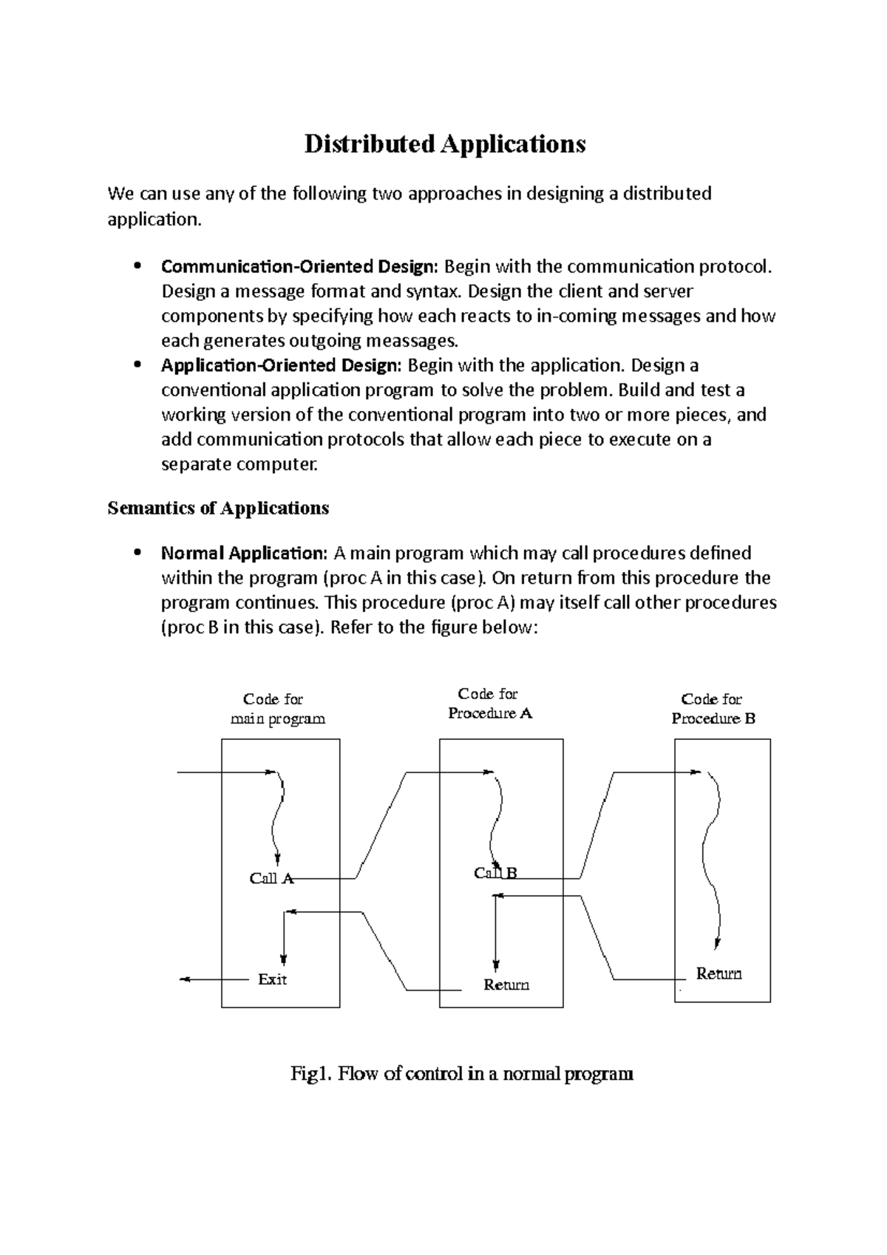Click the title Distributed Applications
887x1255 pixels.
click(x=444, y=143)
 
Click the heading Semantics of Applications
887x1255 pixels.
click(x=218, y=509)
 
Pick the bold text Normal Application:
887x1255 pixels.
click(x=244, y=553)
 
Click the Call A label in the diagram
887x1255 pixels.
click(x=271, y=878)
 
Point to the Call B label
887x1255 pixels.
click(x=495, y=873)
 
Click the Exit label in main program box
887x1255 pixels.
click(x=272, y=979)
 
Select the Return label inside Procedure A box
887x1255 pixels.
click(x=506, y=984)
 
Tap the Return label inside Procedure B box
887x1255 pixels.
click(x=718, y=973)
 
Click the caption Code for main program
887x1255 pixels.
click(x=276, y=709)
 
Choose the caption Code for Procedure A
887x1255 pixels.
click(x=489, y=704)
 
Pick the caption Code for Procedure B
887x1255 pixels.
click(x=713, y=709)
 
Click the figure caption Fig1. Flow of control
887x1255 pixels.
click(x=462, y=1073)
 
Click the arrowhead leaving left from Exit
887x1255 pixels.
click(x=184, y=979)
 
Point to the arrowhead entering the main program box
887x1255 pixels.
click(x=269, y=772)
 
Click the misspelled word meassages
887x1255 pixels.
click(x=415, y=341)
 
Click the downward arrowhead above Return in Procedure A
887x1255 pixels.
click(x=496, y=965)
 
